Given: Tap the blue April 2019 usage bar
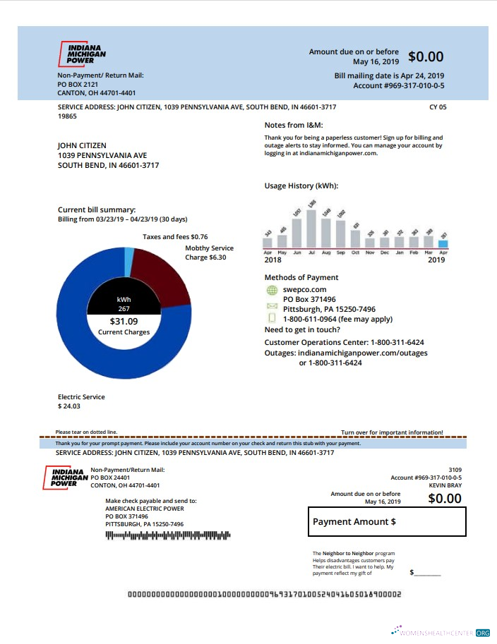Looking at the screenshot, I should click(443, 244).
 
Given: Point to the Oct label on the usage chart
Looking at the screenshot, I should click(355, 253).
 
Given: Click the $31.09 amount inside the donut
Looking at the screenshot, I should click(124, 322).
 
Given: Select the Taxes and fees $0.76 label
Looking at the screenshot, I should click(175, 237).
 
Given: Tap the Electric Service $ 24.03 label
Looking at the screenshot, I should click(80, 401).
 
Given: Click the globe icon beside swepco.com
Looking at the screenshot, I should click(272, 289).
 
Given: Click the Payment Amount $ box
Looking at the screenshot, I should click(387, 522).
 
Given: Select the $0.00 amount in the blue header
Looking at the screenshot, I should click(426, 57).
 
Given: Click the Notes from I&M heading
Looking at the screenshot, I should click(293, 125).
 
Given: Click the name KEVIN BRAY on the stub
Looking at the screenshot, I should click(445, 485).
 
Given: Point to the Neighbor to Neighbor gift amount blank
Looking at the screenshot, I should click(427, 572).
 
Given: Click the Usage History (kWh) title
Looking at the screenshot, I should click(301, 186).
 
